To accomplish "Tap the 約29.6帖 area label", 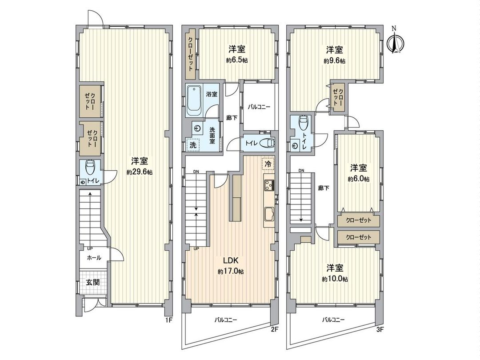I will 140,172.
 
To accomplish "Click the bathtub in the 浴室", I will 194,99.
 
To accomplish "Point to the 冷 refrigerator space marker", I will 268,164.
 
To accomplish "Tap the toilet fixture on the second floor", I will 266,143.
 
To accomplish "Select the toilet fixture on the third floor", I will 303,122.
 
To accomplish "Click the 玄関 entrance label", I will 93,282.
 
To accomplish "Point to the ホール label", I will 93,258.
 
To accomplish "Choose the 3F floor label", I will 380,329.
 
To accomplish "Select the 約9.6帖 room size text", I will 334,61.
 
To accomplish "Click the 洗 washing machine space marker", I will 193,144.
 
